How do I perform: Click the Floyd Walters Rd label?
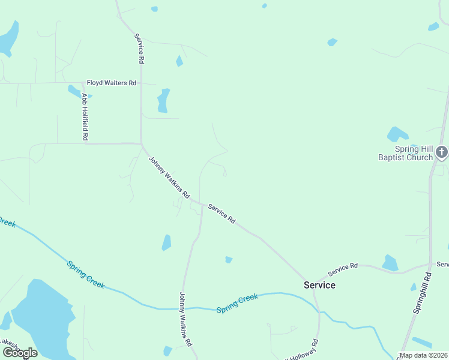coord(112,83)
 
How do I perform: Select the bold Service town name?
coord(319,285)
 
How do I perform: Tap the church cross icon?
coord(442,152)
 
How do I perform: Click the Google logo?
coord(20,353)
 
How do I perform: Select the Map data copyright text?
coord(424,355)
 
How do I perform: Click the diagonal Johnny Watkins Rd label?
coord(169,178)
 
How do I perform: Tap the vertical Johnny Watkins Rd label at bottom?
coord(185,319)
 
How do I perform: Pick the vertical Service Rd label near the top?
coord(139,49)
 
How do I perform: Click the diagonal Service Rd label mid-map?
coord(221,214)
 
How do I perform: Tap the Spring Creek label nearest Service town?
coord(237,303)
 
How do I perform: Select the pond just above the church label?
coord(397,134)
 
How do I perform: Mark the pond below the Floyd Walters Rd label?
coord(163,101)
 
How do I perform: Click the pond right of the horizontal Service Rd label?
coord(390,262)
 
